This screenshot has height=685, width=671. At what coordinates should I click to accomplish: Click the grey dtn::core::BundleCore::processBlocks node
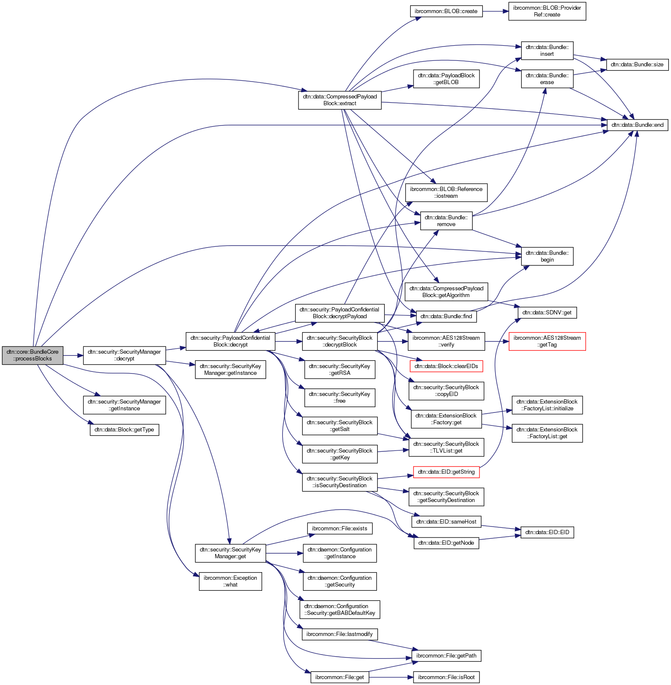pyautogui.click(x=33, y=355)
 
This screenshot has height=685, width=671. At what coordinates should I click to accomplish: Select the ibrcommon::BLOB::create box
pyautogui.click(x=446, y=11)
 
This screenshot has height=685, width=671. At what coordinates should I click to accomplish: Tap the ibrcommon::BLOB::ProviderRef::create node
pyautogui.click(x=547, y=11)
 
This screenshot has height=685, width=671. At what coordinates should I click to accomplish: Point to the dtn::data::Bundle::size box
pyautogui.click(x=638, y=65)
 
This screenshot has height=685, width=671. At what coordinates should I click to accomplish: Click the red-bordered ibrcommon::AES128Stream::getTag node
pyautogui.click(x=547, y=341)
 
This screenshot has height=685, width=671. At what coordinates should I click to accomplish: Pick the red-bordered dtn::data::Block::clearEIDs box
pyautogui.click(x=446, y=366)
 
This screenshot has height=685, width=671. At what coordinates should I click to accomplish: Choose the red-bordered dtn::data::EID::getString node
pyautogui.click(x=446, y=472)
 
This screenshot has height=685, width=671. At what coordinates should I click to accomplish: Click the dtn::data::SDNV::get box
pyautogui.click(x=547, y=313)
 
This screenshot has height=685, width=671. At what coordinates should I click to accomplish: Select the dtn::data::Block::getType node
pyautogui.click(x=124, y=430)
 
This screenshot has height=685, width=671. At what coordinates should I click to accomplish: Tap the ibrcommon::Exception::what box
pyautogui.click(x=230, y=581)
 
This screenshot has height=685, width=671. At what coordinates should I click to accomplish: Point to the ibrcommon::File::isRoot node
pyautogui.click(x=446, y=677)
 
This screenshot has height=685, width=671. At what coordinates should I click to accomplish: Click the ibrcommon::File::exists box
pyautogui.click(x=340, y=529)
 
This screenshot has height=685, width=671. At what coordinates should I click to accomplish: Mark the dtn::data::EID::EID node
pyautogui.click(x=547, y=532)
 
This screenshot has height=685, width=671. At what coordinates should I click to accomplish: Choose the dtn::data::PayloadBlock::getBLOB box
pyautogui.click(x=446, y=79)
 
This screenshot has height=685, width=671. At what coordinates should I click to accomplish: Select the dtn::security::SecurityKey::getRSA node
pyautogui.click(x=340, y=370)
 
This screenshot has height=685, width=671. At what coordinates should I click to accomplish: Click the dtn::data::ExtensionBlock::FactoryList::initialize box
pyautogui.click(x=547, y=405)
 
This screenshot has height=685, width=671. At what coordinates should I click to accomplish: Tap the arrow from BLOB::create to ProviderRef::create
pyautogui.click(x=495, y=11)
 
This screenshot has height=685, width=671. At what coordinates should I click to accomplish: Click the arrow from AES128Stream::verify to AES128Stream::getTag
pyautogui.click(x=497, y=341)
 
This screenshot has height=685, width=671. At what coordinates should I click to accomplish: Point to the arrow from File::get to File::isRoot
pyautogui.click(x=391, y=677)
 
